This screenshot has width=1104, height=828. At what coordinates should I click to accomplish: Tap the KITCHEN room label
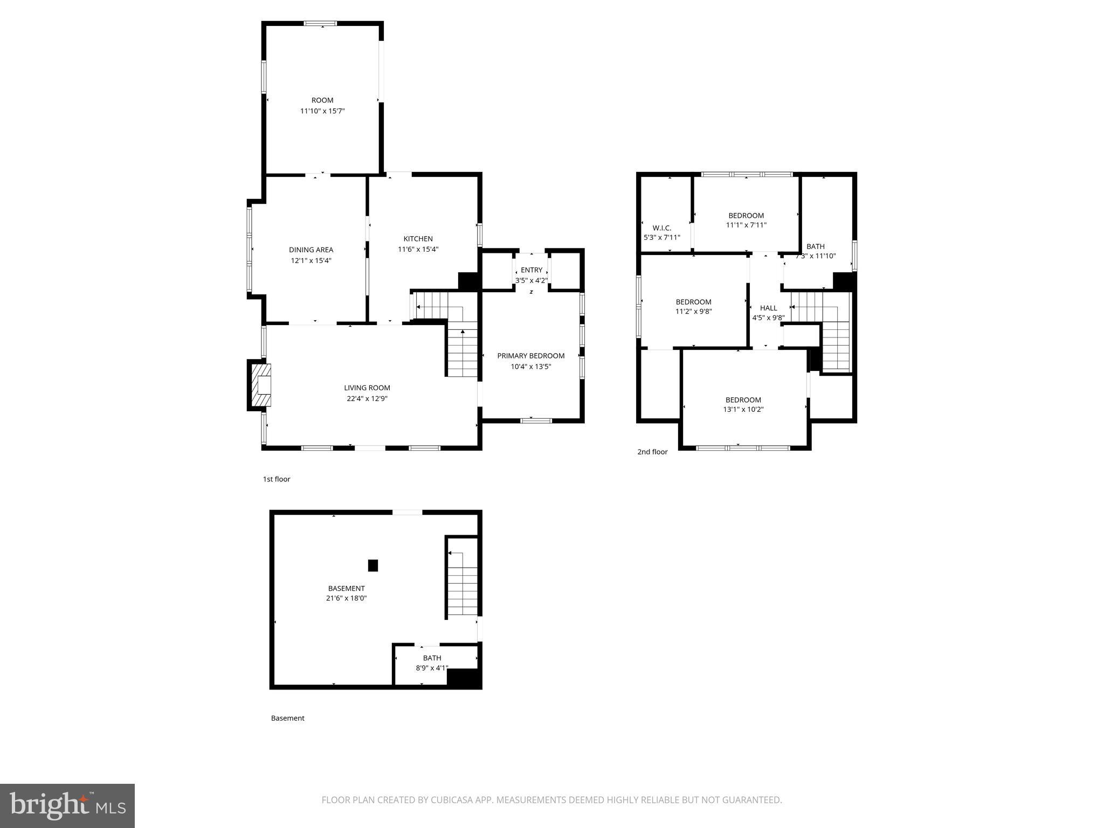[418, 239]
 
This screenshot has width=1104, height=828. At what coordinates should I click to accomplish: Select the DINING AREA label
[311, 250]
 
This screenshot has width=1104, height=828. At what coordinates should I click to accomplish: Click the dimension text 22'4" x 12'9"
[367, 399]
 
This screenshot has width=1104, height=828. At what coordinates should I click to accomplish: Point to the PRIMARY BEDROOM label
[530, 356]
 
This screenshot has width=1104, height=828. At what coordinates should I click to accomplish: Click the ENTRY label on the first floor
[532, 270]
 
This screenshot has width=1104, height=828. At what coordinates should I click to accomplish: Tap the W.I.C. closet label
[661, 228]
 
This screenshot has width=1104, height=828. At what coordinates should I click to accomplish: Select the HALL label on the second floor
[768, 308]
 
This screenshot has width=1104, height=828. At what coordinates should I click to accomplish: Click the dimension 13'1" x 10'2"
[743, 409]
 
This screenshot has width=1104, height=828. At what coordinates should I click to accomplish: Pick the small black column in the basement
[372, 565]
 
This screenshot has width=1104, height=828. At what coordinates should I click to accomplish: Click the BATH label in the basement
[432, 658]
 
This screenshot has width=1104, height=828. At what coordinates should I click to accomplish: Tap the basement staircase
[463, 584]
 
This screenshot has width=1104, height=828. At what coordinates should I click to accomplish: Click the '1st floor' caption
[277, 479]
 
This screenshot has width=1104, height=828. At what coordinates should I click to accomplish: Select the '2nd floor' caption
[652, 452]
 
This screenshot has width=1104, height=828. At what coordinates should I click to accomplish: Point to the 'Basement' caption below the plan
[287, 718]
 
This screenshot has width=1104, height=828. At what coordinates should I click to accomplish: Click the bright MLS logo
[67, 805]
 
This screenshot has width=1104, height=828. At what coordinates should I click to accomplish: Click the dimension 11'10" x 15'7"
[322, 111]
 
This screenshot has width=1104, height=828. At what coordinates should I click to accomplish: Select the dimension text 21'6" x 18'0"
[346, 598]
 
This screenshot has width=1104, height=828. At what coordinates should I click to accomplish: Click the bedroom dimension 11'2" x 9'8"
[693, 311]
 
